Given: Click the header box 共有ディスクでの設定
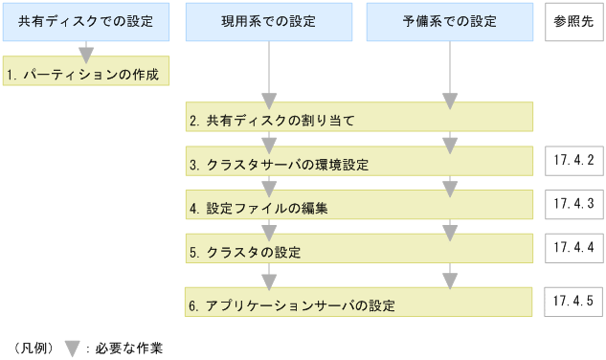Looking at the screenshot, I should [86, 22].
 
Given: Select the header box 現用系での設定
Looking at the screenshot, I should [269, 22].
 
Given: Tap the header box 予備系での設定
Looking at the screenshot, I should [450, 22].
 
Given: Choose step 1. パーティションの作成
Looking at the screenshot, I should [86, 72].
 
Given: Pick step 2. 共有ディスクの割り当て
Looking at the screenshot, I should [359, 119].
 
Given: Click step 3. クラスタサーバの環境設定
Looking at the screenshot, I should [359, 162].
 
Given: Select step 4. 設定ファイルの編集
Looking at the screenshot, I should [359, 205].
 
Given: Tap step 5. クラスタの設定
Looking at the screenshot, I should [359, 250].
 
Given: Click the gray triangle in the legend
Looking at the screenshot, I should [71, 349].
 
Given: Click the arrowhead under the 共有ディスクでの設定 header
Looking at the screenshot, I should [86, 53].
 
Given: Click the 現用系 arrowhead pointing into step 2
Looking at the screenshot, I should [269, 101].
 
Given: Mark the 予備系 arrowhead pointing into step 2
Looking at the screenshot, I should [450, 101].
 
